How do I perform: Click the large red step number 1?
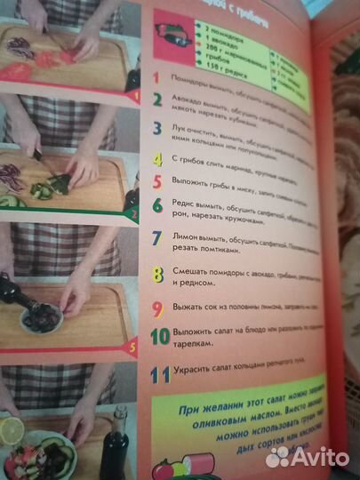pyautogui.click(x=156, y=78)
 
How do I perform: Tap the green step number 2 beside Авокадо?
pyautogui.click(x=157, y=100)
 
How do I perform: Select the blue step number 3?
pyautogui.click(x=156, y=131)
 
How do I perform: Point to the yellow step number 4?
pyautogui.click(x=156, y=160)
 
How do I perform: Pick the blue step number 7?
pyautogui.click(x=156, y=238)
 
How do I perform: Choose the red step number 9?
pyautogui.click(x=156, y=310)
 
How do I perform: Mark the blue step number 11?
pyautogui.click(x=160, y=376)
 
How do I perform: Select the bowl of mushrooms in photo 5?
pyautogui.click(x=41, y=318)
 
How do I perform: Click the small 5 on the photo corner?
pyautogui.click(x=132, y=348)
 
